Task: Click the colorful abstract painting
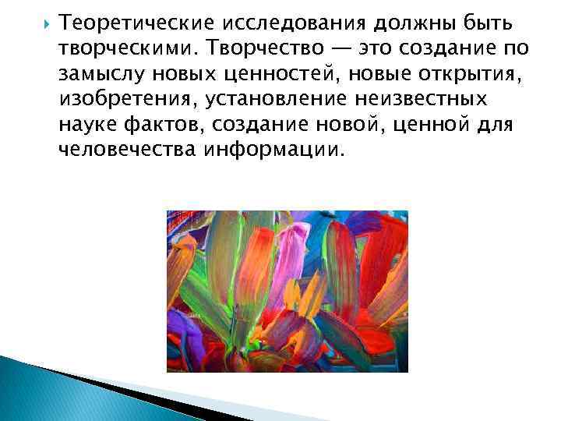tap(287, 291)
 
